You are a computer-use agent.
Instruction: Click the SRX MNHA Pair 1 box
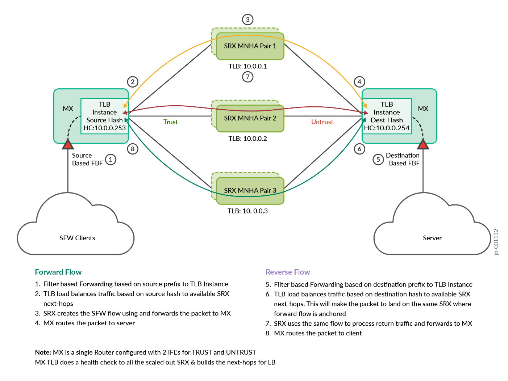[x=250, y=46]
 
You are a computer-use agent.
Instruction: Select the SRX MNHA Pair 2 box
[x=250, y=118]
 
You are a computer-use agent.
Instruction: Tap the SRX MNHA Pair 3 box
[x=250, y=191]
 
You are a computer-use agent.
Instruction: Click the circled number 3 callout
[x=247, y=20]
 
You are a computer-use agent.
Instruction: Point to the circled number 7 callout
[x=247, y=77]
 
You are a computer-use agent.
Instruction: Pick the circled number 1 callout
[x=111, y=159]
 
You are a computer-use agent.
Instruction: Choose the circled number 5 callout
[x=378, y=159]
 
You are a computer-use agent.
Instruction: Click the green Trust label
[x=170, y=122]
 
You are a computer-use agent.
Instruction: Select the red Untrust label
[x=322, y=122]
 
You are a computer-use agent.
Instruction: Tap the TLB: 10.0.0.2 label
[x=247, y=139]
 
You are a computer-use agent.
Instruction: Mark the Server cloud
[x=432, y=232]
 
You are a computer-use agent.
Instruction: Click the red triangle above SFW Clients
[x=68, y=145]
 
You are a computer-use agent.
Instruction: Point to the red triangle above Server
[x=423, y=145]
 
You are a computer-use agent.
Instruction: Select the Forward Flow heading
[x=58, y=272]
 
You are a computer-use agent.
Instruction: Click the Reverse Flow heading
[x=288, y=272]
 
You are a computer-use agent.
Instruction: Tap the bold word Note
[x=43, y=352]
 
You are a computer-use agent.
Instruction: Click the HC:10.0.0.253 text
[x=104, y=128]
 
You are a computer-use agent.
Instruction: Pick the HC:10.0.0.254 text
[x=387, y=128]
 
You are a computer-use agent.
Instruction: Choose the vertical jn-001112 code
[x=496, y=242]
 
